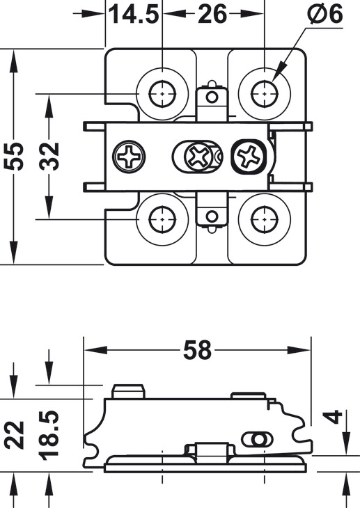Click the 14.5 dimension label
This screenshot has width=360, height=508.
pos(133,13)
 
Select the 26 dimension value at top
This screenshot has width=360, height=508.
pos(213,13)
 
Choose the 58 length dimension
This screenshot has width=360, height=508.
pos(196,350)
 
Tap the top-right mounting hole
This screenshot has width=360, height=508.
pos(265,90)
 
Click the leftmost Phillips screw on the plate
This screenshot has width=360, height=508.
pos(130,156)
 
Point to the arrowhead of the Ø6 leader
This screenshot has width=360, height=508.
pos(274,76)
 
